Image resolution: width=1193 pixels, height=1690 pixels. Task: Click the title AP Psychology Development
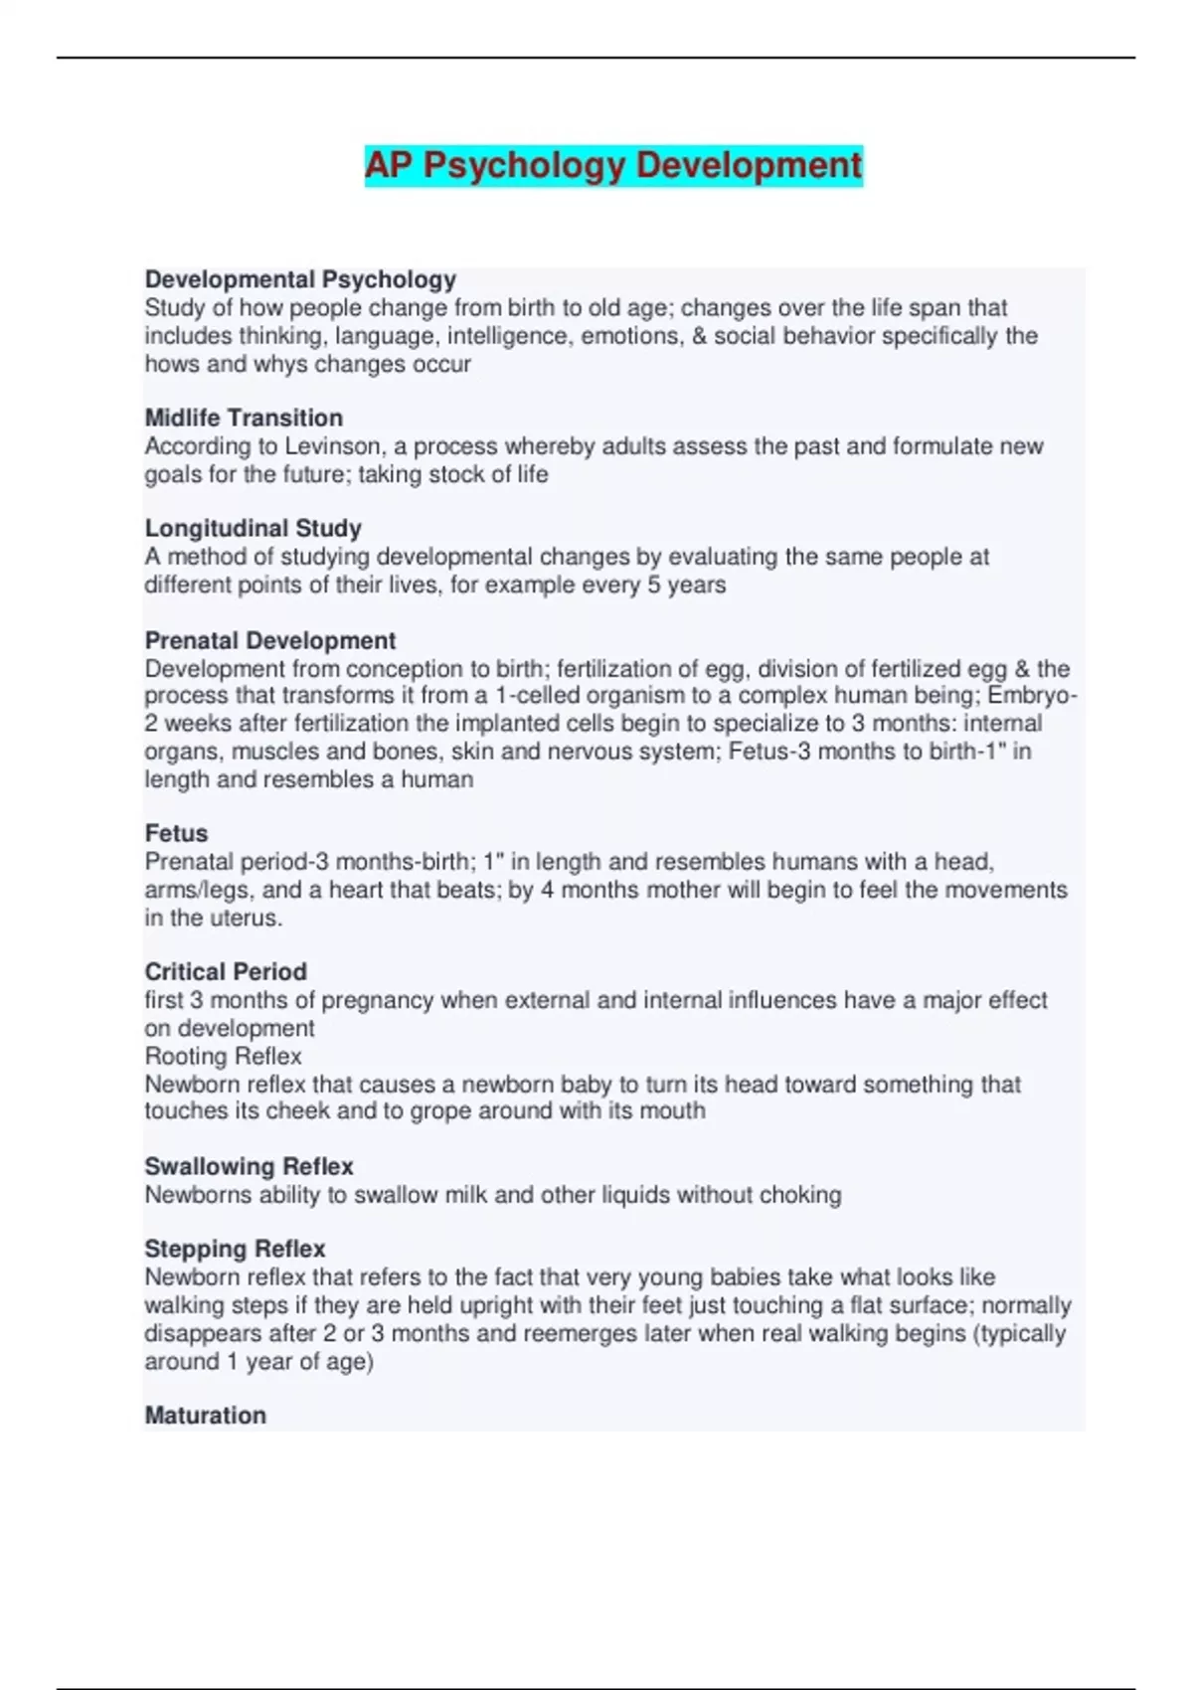click(x=613, y=165)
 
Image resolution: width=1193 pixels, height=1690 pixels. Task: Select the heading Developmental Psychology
click(x=300, y=279)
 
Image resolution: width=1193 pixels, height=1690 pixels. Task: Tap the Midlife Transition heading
click(x=244, y=418)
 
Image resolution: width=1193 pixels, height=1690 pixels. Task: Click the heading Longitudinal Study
click(x=253, y=528)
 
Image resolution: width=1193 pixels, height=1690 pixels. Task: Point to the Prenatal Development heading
click(x=269, y=640)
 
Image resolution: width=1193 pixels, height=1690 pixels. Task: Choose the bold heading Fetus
click(x=176, y=833)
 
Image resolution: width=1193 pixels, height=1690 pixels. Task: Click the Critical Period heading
click(x=226, y=971)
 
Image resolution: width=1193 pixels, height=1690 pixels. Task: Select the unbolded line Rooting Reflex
click(x=223, y=1056)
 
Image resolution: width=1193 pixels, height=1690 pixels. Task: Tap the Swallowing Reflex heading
click(x=249, y=1166)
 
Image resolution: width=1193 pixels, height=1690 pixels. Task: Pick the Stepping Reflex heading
click(x=235, y=1249)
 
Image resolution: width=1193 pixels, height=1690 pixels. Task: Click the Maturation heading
click(x=205, y=1415)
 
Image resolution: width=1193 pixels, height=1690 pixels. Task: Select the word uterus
click(x=246, y=918)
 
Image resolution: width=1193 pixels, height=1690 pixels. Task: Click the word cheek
click(x=297, y=1110)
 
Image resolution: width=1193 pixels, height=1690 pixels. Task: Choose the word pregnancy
click(x=378, y=1000)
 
